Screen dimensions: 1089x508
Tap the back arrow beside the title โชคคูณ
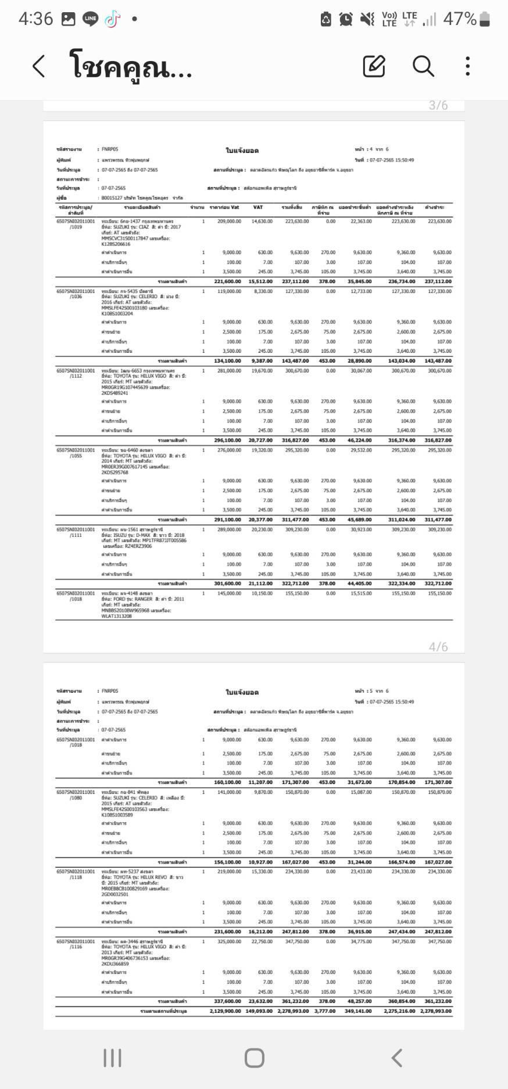38,66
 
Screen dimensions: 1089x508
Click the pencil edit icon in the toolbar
374,66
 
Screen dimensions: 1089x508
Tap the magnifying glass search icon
423,66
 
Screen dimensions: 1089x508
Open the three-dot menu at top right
468,66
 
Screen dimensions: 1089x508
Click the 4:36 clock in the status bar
35,19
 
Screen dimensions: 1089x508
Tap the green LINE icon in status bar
90,19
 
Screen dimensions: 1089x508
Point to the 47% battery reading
460,19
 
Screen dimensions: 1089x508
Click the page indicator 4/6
438,647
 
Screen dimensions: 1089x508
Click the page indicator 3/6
438,105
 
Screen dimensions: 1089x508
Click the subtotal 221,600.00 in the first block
227,282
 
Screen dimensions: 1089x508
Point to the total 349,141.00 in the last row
358,1011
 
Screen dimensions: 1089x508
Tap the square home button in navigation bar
254,1058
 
